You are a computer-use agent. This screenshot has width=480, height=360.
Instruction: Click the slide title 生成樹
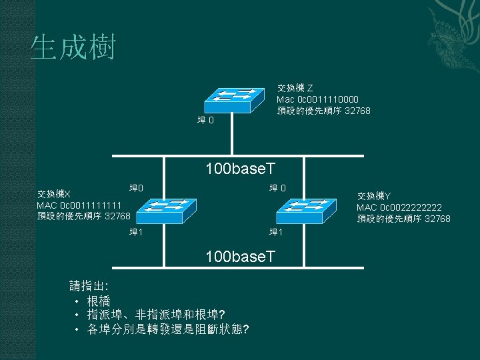pos(73,48)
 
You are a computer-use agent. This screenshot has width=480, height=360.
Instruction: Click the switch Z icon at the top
pos(233,99)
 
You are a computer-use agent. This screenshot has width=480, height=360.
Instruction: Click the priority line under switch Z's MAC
pos(323,111)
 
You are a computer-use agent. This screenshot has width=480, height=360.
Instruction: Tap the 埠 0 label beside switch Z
pos(205,121)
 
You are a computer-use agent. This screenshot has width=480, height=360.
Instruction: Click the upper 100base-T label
pos(241,171)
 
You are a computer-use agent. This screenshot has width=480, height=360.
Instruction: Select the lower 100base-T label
pos(241,256)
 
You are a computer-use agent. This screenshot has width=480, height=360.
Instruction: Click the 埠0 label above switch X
pos(137,188)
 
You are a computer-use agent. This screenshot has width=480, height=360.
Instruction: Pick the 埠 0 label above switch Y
pos(278,188)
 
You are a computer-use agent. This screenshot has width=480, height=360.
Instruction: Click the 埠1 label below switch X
pos(136,232)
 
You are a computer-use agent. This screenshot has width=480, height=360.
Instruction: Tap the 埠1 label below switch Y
pos(276,232)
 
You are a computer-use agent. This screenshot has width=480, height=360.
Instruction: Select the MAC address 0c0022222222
pos(399,207)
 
